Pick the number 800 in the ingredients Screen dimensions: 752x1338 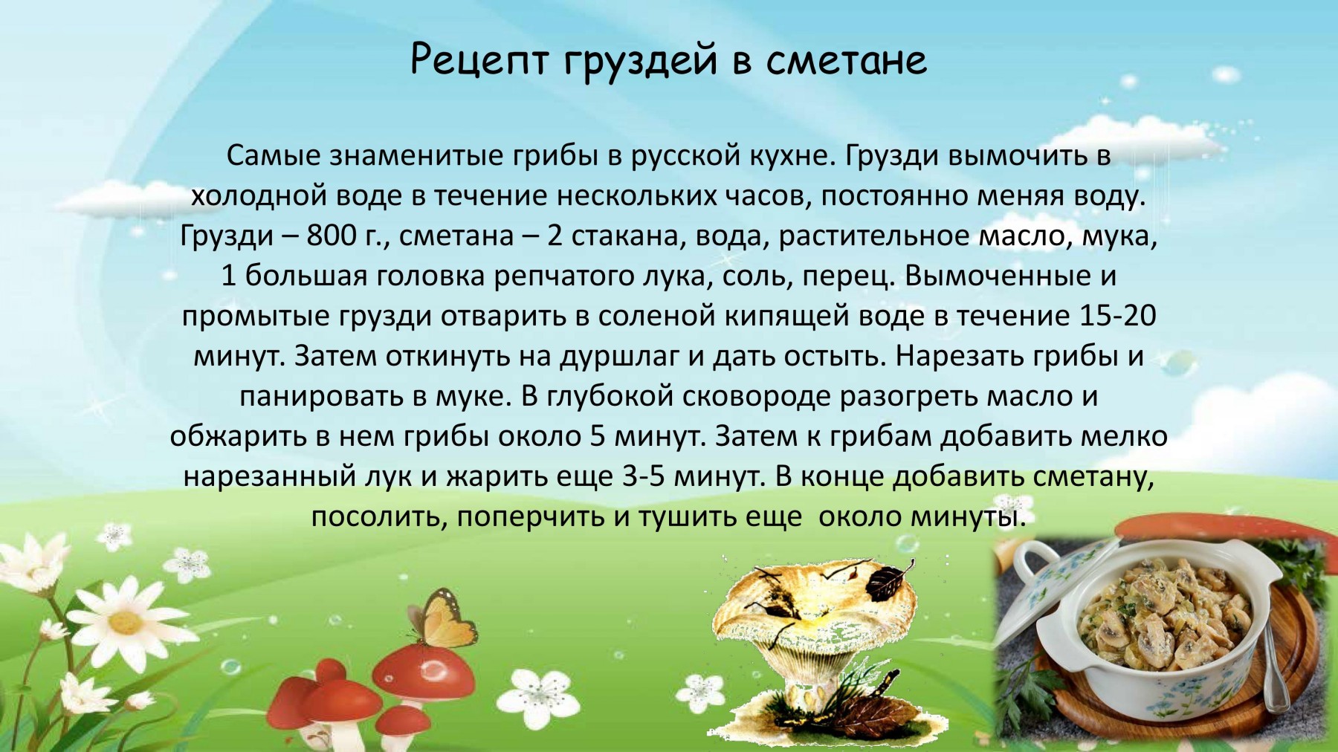pyautogui.click(x=332, y=236)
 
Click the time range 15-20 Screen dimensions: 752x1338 pyautogui.click(x=1115, y=317)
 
